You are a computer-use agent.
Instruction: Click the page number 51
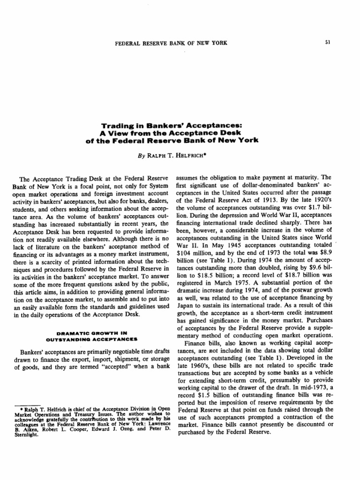coord(328,43)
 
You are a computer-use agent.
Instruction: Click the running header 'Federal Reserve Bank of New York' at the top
coord(171,43)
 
